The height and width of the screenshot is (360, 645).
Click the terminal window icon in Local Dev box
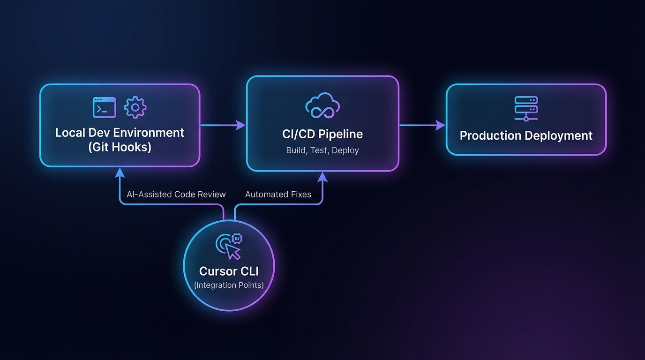104,107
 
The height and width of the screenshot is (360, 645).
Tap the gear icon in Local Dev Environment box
135,107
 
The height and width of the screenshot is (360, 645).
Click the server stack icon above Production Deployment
526,108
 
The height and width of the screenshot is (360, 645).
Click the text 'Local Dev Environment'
120,132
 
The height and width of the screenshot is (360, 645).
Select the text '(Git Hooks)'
120,147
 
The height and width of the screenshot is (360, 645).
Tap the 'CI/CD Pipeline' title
322,134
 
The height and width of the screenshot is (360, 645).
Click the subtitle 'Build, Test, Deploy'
322,150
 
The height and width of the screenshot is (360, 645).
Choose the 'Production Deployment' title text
526,135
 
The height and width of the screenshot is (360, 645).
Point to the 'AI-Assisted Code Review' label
176,194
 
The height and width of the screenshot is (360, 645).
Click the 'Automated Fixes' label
278,194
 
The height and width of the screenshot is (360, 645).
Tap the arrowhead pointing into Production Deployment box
440,125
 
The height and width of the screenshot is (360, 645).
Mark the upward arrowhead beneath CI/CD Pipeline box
322,176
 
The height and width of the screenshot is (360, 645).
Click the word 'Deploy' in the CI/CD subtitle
346,150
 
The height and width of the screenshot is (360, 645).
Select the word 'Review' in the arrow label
212,194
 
